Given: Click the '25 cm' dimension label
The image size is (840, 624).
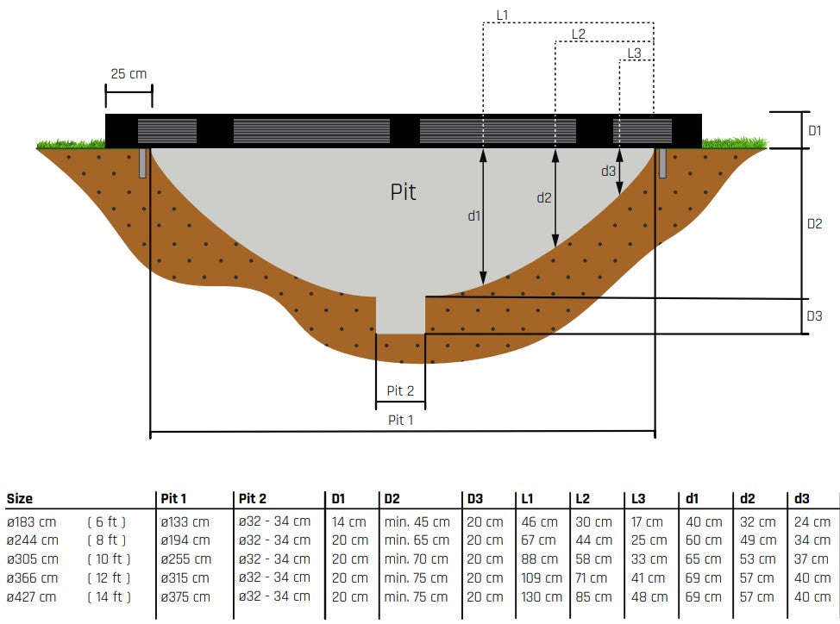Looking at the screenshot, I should [x=129, y=74].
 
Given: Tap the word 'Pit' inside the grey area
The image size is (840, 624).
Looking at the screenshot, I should [x=403, y=191].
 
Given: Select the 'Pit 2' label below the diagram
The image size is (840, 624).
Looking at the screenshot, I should [x=400, y=390].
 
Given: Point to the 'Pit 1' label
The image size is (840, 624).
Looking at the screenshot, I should [x=400, y=420].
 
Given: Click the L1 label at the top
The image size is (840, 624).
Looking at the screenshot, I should [x=503, y=15].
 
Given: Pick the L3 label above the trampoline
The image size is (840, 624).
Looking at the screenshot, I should [x=634, y=53].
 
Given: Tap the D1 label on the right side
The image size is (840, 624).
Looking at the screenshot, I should [x=813, y=130].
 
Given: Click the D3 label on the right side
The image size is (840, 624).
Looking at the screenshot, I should [x=813, y=316].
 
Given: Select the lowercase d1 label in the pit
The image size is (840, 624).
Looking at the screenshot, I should [x=473, y=215].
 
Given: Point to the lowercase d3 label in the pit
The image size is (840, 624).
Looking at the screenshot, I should [x=608, y=171].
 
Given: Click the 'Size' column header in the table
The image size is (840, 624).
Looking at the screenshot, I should [x=20, y=498].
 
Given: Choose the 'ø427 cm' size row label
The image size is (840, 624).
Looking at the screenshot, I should [x=33, y=596].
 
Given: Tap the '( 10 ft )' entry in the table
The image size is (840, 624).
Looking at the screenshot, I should [x=109, y=558].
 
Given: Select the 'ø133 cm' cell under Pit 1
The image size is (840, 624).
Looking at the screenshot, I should [x=185, y=521].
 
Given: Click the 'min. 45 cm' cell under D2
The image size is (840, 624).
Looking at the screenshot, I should [x=417, y=521].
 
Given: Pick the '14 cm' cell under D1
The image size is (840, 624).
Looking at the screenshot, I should [x=349, y=521].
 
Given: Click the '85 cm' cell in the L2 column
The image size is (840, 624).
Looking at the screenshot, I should [x=593, y=596].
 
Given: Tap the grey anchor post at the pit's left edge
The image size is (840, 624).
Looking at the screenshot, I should [x=142, y=163].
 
